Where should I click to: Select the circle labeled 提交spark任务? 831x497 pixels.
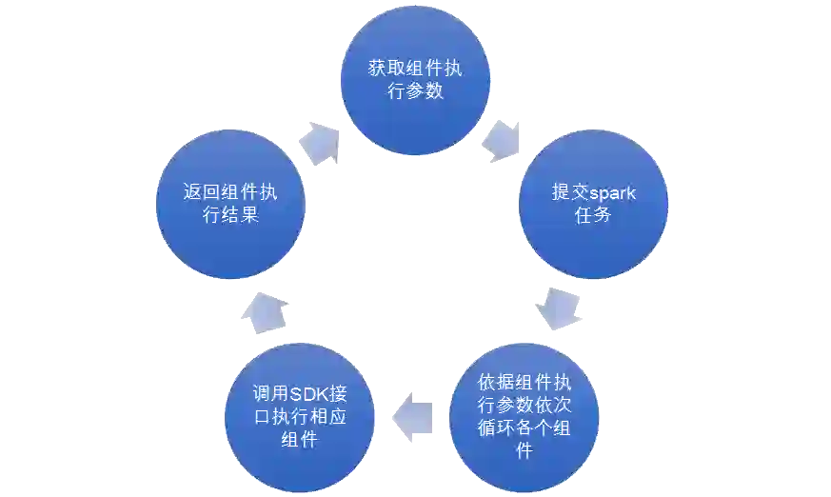592,204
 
